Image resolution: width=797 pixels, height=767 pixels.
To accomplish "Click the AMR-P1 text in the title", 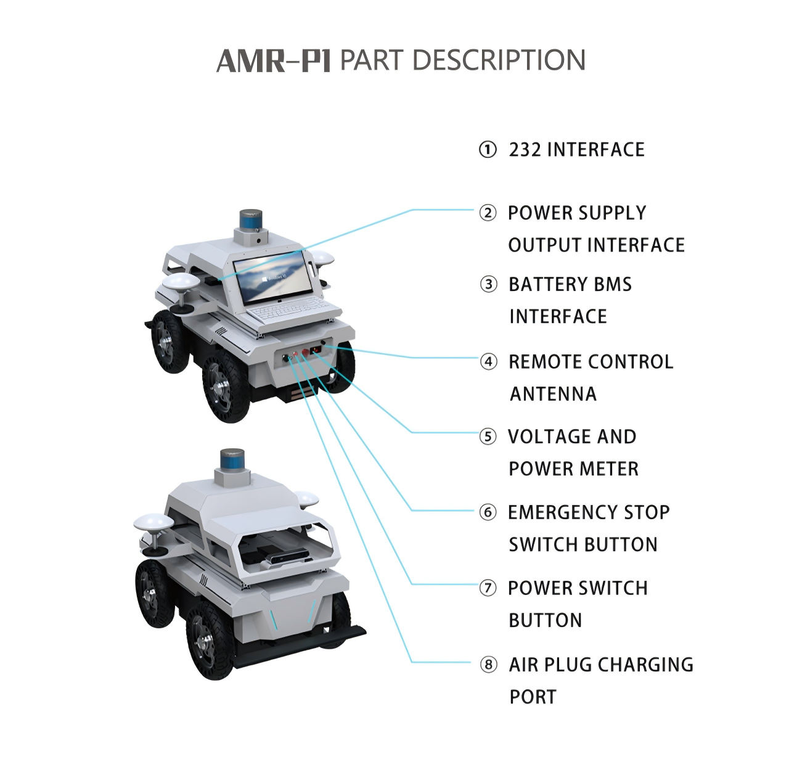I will coord(274,61).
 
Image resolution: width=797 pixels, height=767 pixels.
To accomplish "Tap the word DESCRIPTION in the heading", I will coord(498,60).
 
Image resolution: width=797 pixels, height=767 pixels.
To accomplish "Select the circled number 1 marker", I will coord(488,150).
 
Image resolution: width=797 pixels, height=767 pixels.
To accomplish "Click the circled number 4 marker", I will coord(488,361).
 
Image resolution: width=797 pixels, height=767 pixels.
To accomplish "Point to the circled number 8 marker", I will coord(488,665).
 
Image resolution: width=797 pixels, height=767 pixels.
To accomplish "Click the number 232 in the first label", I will coord(525,150).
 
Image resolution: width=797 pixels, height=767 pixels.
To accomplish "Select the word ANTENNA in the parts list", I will coord(553,394).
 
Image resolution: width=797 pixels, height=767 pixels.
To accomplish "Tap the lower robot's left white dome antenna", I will coord(153,523).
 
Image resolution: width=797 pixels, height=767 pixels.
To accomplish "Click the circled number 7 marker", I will coord(488,588).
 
